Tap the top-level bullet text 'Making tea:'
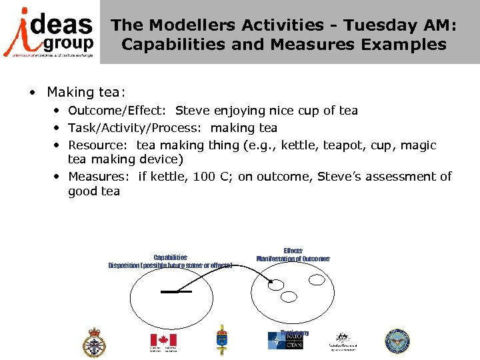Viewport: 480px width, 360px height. (x=85, y=91)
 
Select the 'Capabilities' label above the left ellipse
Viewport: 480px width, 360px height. (x=170, y=257)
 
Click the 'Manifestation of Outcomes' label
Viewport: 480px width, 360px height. (x=293, y=259)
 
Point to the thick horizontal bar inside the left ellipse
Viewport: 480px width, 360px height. (x=176, y=292)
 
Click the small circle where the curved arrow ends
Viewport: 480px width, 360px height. (x=275, y=285)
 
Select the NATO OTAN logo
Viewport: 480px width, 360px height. (x=285, y=341)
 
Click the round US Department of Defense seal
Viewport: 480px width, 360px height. (x=397, y=341)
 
